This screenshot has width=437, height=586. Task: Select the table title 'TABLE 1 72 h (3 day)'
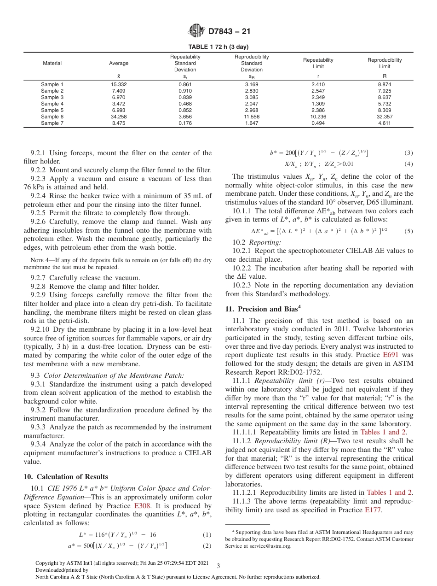[218, 47]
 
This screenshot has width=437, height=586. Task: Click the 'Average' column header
[119, 63]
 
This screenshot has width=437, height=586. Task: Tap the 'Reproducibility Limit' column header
[384, 63]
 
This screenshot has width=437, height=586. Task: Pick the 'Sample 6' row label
[52, 117]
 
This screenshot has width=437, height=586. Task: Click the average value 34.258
[119, 117]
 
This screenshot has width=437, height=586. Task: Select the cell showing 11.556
[252, 117]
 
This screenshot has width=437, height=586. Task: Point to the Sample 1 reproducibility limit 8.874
[384, 84]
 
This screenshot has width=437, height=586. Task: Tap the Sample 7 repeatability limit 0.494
[318, 123]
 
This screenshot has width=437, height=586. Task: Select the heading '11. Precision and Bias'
[263, 309]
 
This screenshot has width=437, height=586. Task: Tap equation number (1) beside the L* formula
[207, 535]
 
